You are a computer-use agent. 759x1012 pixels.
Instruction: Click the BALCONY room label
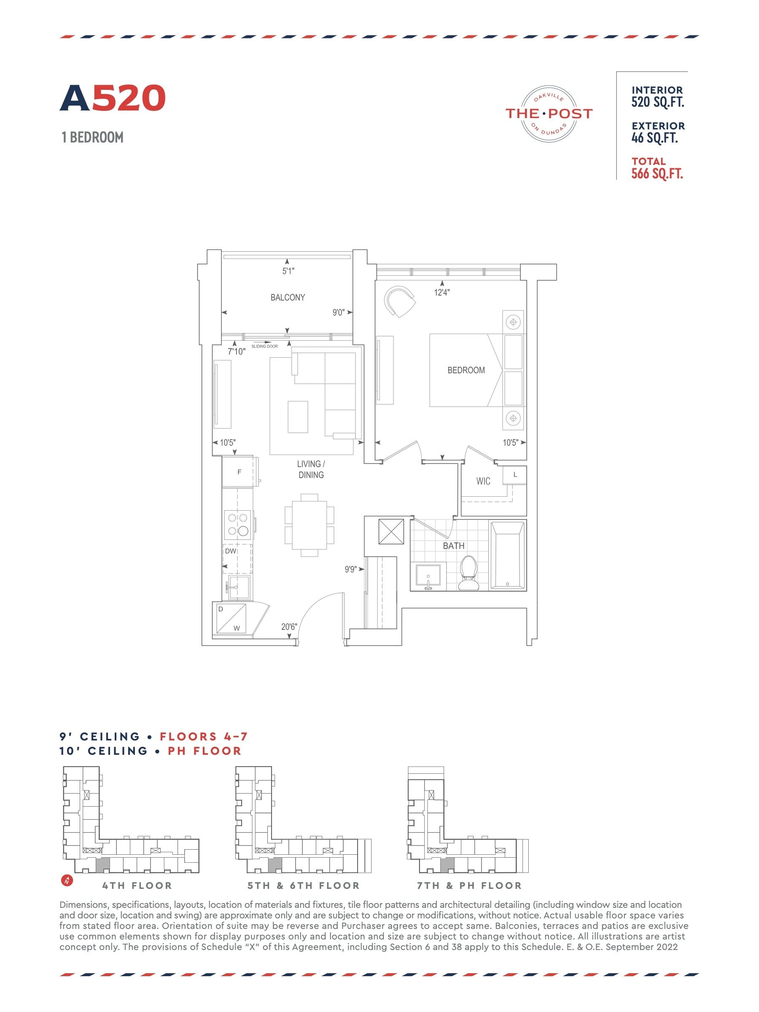(287, 297)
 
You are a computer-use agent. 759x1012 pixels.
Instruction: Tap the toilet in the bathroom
(468, 573)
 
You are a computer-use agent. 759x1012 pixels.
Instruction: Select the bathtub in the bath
(507, 555)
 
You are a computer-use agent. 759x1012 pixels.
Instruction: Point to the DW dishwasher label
(231, 551)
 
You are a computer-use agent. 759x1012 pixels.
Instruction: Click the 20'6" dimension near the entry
(289, 627)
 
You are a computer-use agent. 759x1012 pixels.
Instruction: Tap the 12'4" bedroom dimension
(441, 292)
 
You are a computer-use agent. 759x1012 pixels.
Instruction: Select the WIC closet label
(483, 481)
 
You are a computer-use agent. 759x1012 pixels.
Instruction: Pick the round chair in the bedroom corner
(399, 301)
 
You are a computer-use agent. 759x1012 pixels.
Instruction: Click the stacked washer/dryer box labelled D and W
(231, 619)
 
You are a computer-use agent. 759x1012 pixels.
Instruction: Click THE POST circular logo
(549, 113)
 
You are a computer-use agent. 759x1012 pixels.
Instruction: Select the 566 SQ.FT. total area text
(657, 174)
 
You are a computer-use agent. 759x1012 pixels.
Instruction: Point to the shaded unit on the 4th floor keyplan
(104, 864)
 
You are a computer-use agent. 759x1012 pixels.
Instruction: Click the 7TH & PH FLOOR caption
(469, 886)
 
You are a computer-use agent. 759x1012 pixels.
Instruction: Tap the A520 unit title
(113, 98)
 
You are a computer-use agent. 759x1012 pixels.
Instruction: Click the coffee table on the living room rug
(298, 417)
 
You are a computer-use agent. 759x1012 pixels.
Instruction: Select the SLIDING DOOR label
(264, 346)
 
